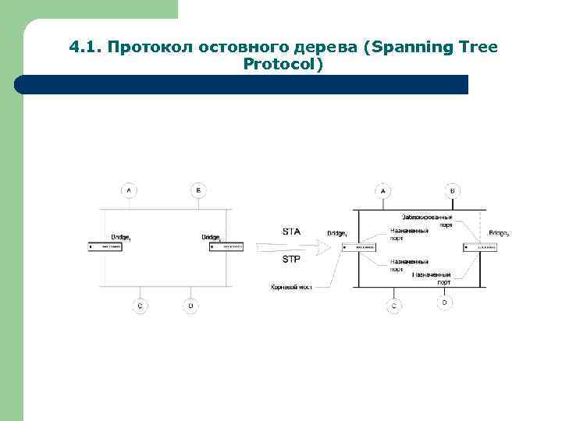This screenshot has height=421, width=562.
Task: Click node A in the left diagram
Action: pyautogui.click(x=129, y=189)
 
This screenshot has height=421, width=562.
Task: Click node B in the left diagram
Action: pyautogui.click(x=198, y=189)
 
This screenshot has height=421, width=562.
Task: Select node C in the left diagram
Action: pyautogui.click(x=140, y=306)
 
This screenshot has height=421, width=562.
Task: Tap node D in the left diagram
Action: pyautogui.click(x=190, y=306)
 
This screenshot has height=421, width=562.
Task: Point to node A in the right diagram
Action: pyautogui.click(x=382, y=190)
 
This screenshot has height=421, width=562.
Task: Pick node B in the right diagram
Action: pyautogui.click(x=452, y=190)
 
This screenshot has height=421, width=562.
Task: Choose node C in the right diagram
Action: pyautogui.click(x=394, y=306)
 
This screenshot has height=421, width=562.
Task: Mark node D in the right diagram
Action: pyautogui.click(x=444, y=302)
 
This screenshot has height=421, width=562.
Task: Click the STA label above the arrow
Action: pyautogui.click(x=290, y=231)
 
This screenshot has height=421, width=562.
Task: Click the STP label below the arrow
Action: pyautogui.click(x=290, y=260)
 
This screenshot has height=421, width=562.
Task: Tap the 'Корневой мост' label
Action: pyautogui.click(x=291, y=288)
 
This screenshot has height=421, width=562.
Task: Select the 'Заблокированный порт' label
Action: pyautogui.click(x=427, y=220)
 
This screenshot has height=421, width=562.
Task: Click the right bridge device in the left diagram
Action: pyautogui.click(x=226, y=246)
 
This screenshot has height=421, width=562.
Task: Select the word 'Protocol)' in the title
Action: pyautogui.click(x=283, y=64)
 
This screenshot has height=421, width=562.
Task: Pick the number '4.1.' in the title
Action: pyautogui.click(x=86, y=48)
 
